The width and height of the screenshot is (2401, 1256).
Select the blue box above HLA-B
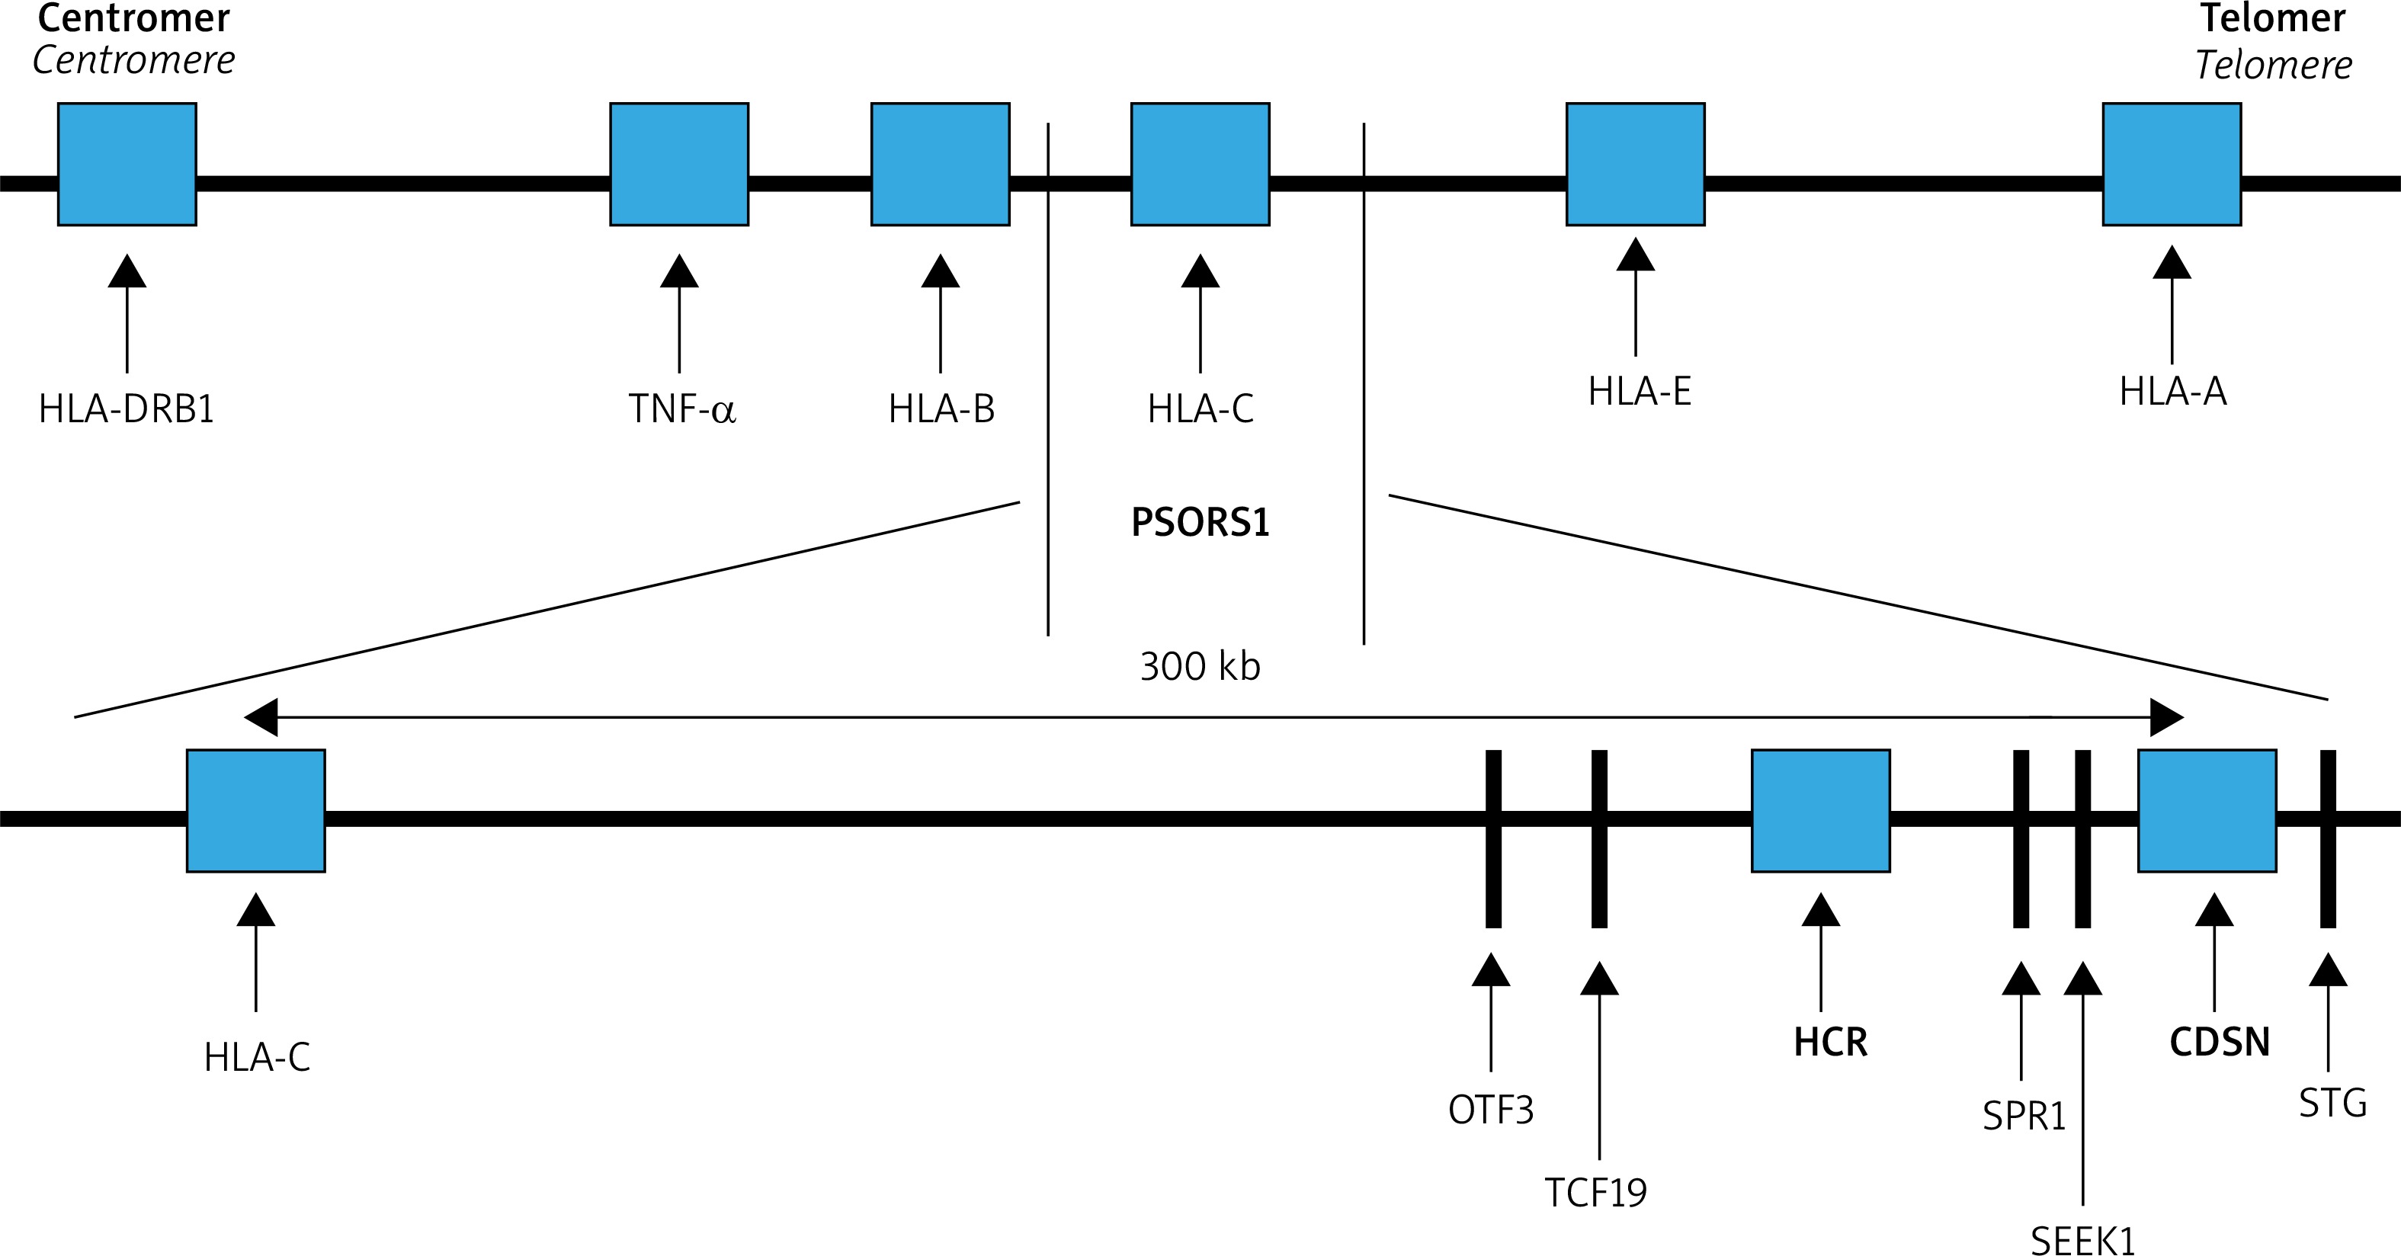click(940, 164)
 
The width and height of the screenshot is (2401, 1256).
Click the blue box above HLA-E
click(1635, 164)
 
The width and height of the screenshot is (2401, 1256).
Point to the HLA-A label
click(2172, 391)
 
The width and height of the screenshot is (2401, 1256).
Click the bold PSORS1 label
click(1200, 522)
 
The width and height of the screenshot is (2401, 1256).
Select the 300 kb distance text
click(1200, 666)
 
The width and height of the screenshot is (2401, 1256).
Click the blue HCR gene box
click(1820, 811)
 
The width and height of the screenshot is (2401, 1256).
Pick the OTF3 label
click(1490, 1110)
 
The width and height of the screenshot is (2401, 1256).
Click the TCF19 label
click(1595, 1193)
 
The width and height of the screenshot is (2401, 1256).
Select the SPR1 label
click(2024, 1115)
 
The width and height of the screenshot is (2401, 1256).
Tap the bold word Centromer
click(133, 18)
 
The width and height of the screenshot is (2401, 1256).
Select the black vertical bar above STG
click(2327, 838)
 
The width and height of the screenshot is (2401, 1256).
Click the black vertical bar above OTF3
click(1493, 838)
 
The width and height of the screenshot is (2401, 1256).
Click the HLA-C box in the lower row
click(255, 811)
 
